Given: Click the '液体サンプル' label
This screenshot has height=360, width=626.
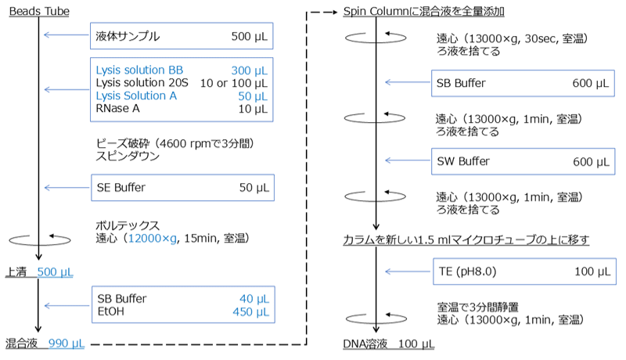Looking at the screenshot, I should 127,36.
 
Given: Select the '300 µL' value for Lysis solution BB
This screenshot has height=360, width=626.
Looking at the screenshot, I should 249,70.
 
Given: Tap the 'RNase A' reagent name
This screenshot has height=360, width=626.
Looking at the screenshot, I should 119,108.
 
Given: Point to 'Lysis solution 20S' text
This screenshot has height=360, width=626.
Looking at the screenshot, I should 139,83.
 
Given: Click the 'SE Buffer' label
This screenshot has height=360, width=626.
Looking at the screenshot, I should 124,187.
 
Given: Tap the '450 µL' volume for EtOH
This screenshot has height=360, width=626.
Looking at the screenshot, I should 250,311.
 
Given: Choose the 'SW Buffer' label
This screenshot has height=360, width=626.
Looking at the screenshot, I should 464,161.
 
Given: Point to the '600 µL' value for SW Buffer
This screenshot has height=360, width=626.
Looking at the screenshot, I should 591,161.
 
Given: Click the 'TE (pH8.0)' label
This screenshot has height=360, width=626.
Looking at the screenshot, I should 469,272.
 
